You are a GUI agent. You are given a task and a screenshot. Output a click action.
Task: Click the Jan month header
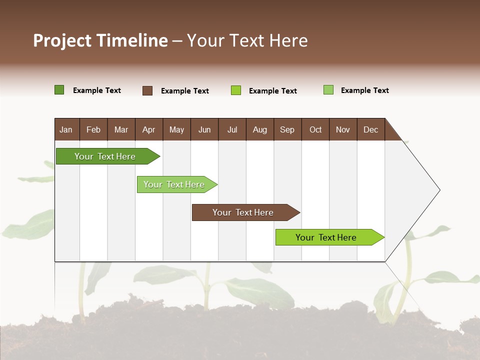click(x=66, y=130)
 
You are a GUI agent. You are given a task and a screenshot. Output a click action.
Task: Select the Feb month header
click(x=93, y=130)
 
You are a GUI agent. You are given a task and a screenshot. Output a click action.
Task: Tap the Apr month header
click(x=148, y=130)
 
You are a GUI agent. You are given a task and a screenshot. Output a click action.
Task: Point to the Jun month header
click(x=204, y=130)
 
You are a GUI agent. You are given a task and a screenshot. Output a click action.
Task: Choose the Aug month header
click(x=259, y=130)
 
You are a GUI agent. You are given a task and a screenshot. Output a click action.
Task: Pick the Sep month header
click(x=287, y=130)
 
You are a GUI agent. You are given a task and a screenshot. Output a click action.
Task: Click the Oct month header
click(x=315, y=130)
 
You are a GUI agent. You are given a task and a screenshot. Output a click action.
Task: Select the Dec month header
click(x=370, y=130)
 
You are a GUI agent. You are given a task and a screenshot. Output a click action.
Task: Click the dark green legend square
click(x=59, y=90)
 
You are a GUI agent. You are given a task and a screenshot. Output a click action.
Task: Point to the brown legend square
click(x=147, y=90)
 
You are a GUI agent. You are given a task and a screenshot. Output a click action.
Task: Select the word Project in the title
click(x=62, y=40)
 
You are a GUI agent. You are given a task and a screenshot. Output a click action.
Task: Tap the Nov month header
click(x=343, y=130)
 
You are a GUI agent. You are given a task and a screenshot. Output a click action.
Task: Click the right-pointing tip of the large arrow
click(x=438, y=190)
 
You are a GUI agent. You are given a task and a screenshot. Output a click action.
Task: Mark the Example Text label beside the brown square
click(x=184, y=91)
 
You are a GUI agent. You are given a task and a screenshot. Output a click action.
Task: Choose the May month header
click(x=176, y=130)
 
